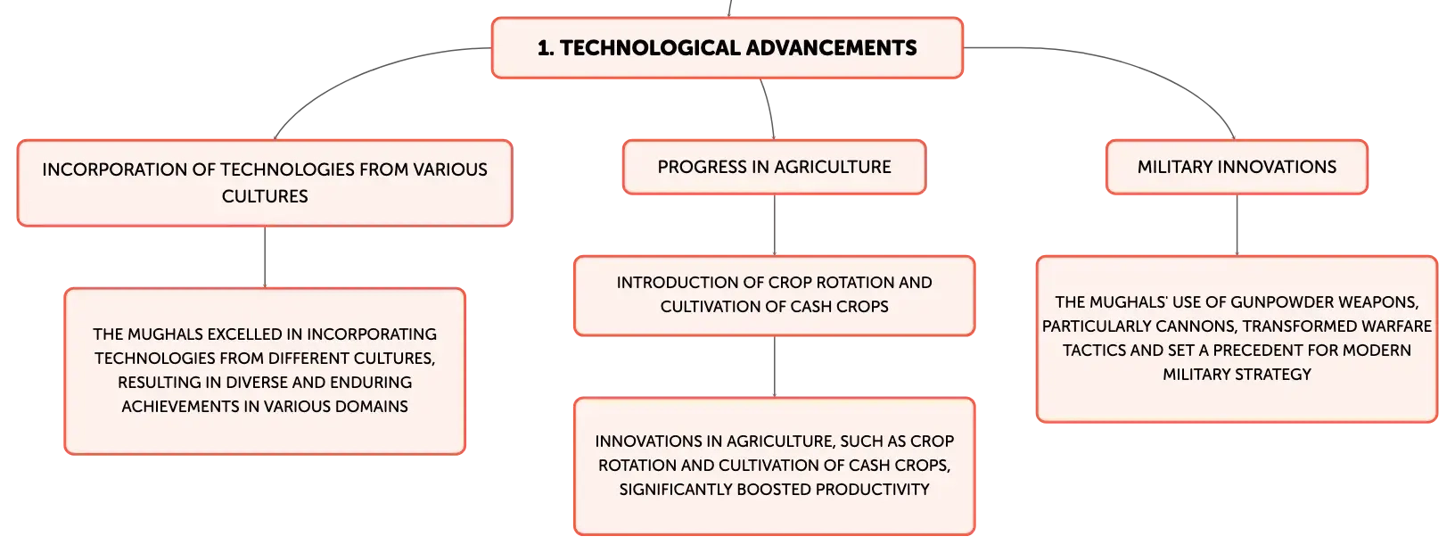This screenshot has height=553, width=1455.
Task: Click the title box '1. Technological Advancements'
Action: click(727, 48)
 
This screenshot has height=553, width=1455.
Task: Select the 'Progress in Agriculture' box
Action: click(774, 167)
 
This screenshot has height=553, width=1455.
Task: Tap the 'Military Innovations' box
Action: click(1237, 167)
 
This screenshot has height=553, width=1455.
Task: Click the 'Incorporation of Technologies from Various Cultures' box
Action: click(265, 183)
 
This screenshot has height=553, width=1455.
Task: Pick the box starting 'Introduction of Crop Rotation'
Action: click(774, 295)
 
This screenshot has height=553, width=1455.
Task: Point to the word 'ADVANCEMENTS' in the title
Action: click(832, 48)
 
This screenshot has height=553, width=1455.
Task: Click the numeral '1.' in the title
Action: click(546, 48)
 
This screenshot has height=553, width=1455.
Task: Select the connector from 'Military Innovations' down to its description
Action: click(1237, 225)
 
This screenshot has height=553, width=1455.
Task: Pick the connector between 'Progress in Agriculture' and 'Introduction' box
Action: click(774, 225)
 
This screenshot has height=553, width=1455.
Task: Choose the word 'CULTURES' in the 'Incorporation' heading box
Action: click(265, 196)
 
